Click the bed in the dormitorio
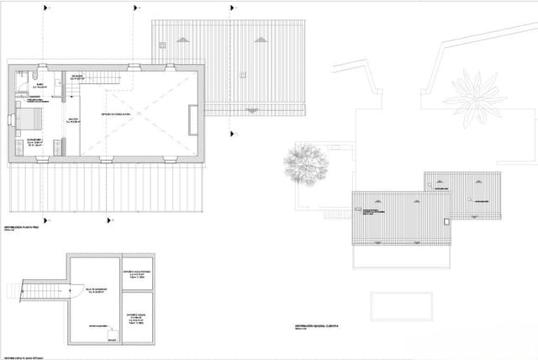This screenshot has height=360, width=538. pyautogui.click(x=29, y=117)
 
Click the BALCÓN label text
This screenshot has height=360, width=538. pyautogui.click(x=73, y=120)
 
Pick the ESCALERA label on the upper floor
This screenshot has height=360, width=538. pyautogui.click(x=76, y=77)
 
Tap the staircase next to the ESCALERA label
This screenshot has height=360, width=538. pyautogui.click(x=99, y=77)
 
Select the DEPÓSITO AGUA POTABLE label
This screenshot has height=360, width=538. pyautogui.click(x=137, y=273)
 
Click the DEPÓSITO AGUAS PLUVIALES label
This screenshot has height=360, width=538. pyautogui.click(x=137, y=317)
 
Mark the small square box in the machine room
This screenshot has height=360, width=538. pyautogui.click(x=112, y=334)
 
